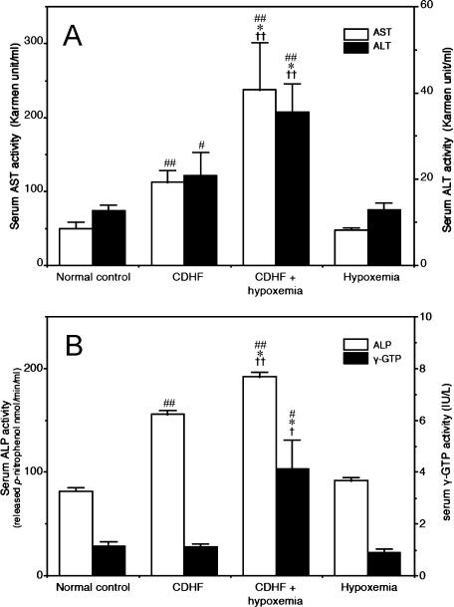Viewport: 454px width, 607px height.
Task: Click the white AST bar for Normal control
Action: point(76,246)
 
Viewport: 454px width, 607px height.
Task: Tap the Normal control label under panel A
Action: point(94,277)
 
